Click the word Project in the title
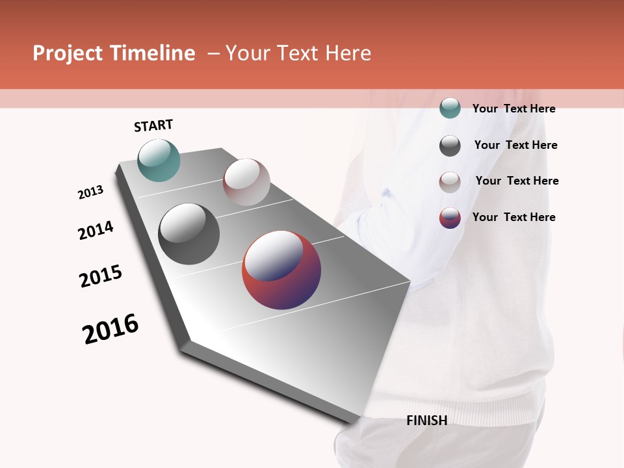click(67, 54)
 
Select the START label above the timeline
click(153, 125)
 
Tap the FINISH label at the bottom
click(426, 421)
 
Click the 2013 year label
click(90, 192)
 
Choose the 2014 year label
click(96, 230)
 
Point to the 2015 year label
click(101, 276)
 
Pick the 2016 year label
click(110, 329)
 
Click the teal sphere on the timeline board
click(159, 160)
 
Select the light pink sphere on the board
click(246, 182)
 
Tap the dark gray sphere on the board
click(188, 234)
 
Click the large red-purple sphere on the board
click(281, 270)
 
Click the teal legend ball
click(450, 109)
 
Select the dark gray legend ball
click(450, 146)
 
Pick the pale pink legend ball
click(450, 182)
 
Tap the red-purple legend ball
click(450, 218)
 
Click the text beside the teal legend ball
click(513, 109)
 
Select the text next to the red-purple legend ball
click(513, 217)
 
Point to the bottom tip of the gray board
click(356, 422)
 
